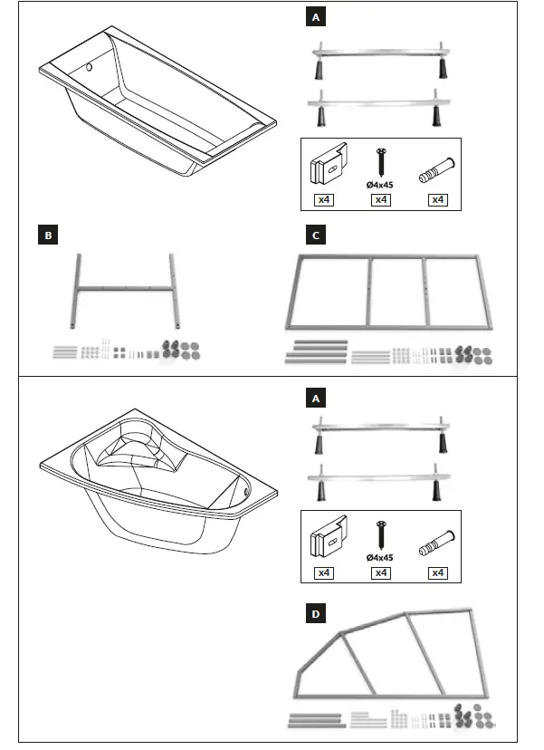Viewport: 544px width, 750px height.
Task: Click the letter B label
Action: [49, 236]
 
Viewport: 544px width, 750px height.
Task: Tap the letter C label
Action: [314, 236]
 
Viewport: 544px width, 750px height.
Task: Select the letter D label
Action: [314, 614]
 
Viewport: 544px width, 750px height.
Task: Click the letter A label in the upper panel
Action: [314, 17]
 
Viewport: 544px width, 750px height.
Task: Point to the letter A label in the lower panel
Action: [314, 397]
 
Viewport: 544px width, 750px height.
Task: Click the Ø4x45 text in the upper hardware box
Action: [381, 184]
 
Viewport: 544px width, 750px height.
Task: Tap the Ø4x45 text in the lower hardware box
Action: [381, 557]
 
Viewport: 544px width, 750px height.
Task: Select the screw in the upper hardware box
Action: [381, 162]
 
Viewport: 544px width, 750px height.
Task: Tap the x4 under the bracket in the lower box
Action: [323, 572]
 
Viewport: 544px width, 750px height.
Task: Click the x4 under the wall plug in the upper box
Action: [438, 199]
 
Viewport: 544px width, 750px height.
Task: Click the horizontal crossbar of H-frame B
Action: [126, 290]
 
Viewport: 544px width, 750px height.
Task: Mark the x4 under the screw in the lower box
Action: [381, 572]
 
